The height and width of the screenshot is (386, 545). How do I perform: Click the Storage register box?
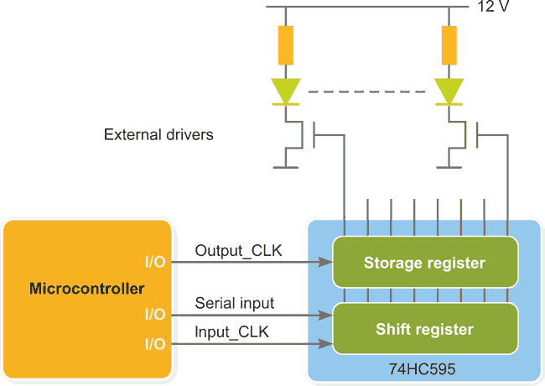click(x=424, y=263)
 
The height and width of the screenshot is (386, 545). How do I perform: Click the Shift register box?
click(x=424, y=329)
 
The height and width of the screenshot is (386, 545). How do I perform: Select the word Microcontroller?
click(x=87, y=289)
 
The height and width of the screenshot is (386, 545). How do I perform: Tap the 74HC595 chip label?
click(x=424, y=368)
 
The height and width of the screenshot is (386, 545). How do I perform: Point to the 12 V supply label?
click(x=493, y=7)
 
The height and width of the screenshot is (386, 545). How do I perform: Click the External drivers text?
click(x=158, y=134)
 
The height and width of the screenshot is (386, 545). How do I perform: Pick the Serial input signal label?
click(x=235, y=303)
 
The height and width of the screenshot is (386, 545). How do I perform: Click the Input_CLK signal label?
click(x=231, y=332)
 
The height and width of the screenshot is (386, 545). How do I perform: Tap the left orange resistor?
click(x=286, y=45)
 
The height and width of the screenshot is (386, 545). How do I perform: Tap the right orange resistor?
click(x=449, y=45)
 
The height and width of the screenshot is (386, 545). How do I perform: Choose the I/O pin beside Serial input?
click(x=155, y=316)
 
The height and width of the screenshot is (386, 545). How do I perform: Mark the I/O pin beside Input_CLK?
click(x=155, y=344)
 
